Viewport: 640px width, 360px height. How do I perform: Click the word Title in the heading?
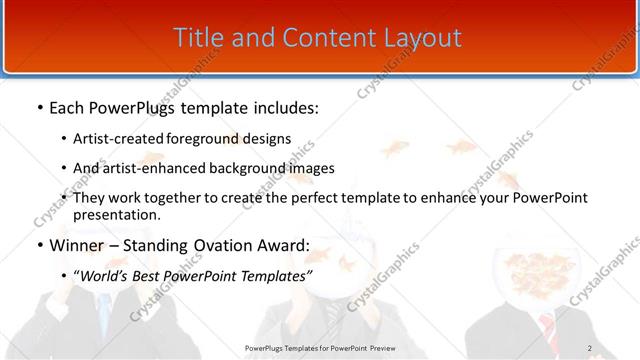point(198,38)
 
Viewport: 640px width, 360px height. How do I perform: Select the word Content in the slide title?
point(317,38)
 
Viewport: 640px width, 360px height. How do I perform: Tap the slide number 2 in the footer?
point(590,348)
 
